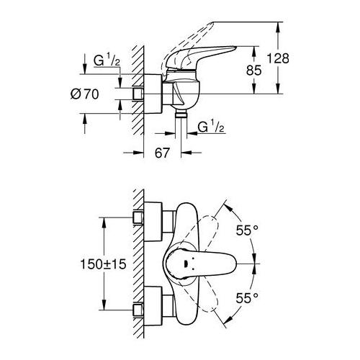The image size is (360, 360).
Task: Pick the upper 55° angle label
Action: click(246, 231)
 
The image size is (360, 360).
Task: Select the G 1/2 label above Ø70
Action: click(106, 62)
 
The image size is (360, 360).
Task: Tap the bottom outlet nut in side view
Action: click(180, 115)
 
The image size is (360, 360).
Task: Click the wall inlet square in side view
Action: click(138, 94)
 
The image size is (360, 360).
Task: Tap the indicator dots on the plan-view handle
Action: click(185, 264)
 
